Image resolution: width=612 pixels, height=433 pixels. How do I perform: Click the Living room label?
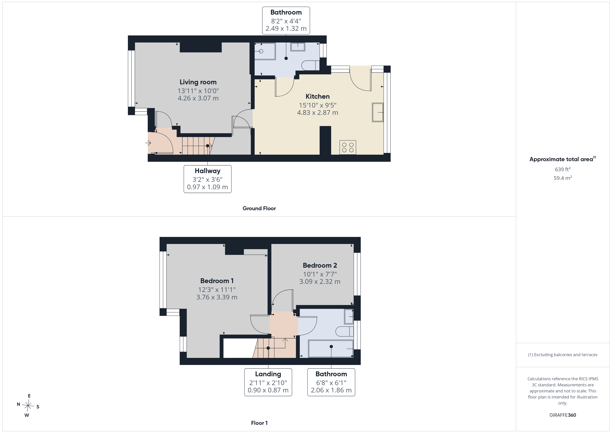198,82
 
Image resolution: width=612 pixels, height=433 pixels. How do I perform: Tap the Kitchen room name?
317,96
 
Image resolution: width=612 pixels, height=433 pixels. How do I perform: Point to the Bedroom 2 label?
320,265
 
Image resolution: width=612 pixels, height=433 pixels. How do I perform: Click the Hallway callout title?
207,171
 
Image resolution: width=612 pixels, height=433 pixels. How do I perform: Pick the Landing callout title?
268,374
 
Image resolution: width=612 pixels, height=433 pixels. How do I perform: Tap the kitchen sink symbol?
378,112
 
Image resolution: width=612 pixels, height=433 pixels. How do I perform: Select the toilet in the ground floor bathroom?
311,65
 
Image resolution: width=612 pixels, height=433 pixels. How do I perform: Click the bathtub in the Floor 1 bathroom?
331,349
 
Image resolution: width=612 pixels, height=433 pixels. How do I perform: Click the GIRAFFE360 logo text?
563,415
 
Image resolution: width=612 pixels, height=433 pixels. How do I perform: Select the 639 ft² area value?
563,169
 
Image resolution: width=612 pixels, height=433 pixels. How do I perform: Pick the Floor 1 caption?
259,423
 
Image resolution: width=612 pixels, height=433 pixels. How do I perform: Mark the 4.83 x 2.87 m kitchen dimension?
317,113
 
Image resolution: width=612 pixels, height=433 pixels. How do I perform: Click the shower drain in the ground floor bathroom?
261,51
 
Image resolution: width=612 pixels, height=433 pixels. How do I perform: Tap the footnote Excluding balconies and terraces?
563,355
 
